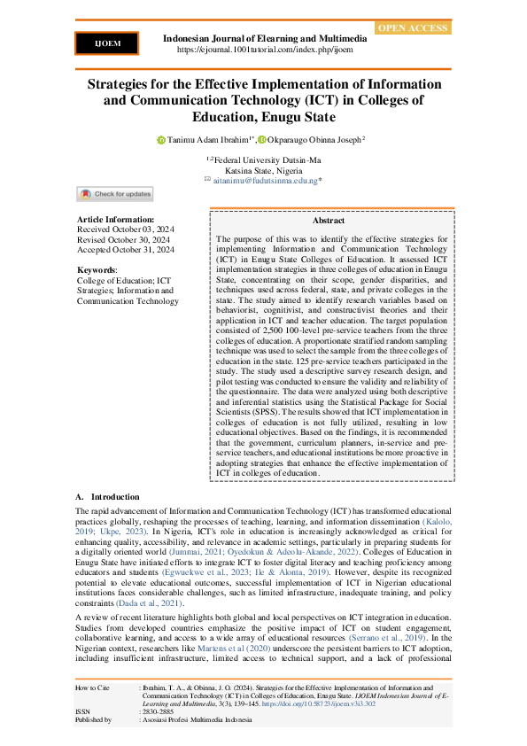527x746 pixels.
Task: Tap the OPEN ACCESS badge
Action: pos(413,28)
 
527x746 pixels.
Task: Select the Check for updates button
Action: pos(115,194)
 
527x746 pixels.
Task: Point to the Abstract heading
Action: pos(329,221)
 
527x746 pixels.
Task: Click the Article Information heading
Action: pos(116,219)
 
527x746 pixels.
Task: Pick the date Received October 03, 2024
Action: pos(126,229)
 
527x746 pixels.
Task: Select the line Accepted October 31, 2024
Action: pos(126,250)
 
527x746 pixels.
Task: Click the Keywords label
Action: pos(97,269)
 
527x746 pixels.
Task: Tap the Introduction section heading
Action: pos(115,497)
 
